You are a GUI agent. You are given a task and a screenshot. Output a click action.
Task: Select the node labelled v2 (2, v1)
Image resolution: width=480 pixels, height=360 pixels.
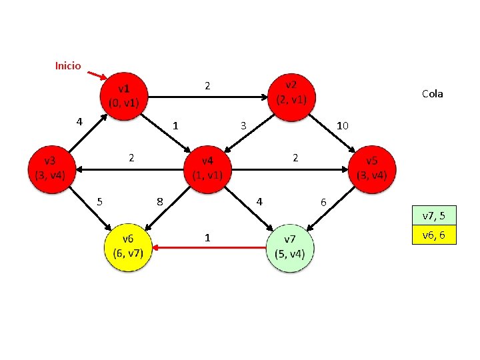click(x=291, y=93)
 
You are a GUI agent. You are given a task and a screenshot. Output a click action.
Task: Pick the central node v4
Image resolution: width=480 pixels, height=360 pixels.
click(x=207, y=169)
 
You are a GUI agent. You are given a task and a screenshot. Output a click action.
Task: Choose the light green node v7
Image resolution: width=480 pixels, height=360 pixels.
click(x=290, y=247)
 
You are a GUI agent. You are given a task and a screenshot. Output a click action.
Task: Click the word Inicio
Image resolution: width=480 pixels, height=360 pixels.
click(x=68, y=66)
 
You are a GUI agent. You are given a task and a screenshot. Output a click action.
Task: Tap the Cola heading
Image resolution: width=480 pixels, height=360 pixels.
click(x=432, y=94)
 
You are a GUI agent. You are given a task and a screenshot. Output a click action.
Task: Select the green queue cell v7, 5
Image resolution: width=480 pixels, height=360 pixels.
click(x=433, y=216)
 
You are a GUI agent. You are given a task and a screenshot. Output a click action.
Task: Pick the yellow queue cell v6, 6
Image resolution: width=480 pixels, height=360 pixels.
click(x=433, y=235)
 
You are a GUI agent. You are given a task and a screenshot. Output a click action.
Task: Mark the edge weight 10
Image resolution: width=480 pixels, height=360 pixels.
click(x=343, y=125)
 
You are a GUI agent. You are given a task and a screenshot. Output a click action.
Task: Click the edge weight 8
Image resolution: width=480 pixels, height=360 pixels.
click(x=159, y=201)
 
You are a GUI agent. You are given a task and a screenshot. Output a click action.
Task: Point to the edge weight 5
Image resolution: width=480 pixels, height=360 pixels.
click(x=99, y=201)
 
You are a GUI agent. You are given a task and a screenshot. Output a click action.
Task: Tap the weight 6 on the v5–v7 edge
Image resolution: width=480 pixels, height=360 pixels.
click(x=323, y=201)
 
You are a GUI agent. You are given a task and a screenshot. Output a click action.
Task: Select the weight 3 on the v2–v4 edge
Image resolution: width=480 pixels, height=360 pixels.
click(x=244, y=125)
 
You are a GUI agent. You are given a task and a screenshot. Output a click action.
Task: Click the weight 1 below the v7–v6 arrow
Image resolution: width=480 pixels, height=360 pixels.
click(x=208, y=237)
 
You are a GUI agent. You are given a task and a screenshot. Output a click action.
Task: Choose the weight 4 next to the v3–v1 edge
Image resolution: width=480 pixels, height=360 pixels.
click(x=79, y=121)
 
